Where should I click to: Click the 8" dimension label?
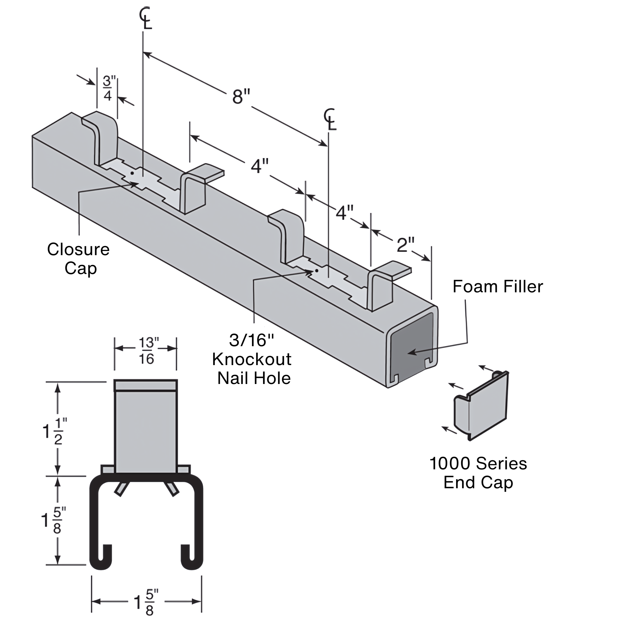click(241, 97)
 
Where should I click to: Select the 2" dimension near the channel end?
click(405, 244)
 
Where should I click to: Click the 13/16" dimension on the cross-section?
click(146, 351)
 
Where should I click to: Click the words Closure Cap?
click(78, 259)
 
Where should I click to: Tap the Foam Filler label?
click(498, 287)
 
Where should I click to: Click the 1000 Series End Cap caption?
click(478, 473)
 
